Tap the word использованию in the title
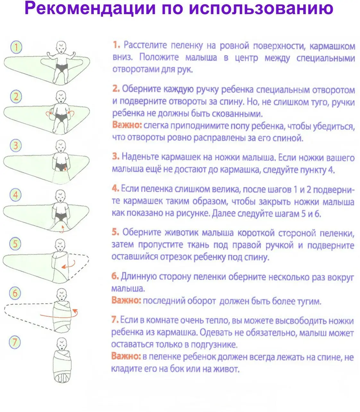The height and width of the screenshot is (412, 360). pos(261,8)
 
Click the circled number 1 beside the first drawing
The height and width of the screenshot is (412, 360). pos(16,47)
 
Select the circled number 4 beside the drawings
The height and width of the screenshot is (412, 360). pos(15,195)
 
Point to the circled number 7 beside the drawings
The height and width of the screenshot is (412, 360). pos(15,343)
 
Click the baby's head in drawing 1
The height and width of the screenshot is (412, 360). pos(61,47)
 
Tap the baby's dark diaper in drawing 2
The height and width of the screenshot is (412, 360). pos(61,117)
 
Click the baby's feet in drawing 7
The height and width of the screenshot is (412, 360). pos(62,378)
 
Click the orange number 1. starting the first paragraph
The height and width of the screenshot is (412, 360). pos(116,45)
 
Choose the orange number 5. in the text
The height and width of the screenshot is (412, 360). pos(116,232)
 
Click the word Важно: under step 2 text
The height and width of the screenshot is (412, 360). pos(127,125)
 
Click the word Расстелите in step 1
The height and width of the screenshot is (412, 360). pos(145,45)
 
